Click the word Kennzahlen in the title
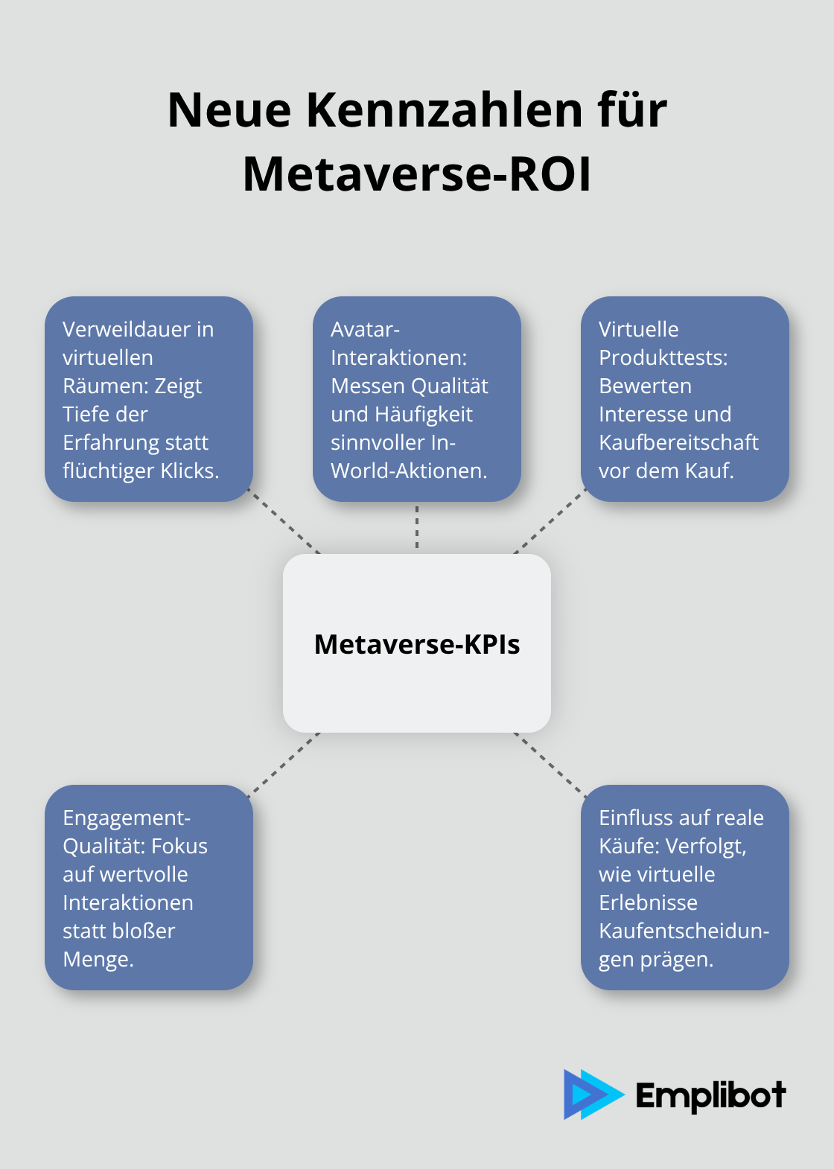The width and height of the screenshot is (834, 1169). [445, 110]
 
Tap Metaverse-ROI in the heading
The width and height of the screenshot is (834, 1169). [417, 175]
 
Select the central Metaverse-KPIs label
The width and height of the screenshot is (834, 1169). [417, 644]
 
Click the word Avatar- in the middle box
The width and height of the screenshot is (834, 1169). [365, 329]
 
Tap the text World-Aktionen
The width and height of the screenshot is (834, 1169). [409, 471]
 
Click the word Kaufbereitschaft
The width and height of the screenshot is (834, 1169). [678, 442]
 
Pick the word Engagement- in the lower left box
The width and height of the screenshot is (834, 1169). [127, 818]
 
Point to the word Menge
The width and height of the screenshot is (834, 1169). [98, 959]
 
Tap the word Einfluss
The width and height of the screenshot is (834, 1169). [637, 818]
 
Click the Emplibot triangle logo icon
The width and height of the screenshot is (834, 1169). [592, 1095]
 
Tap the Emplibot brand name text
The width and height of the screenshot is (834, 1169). [710, 1095]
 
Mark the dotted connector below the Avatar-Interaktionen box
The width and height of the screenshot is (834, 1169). [417, 527]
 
